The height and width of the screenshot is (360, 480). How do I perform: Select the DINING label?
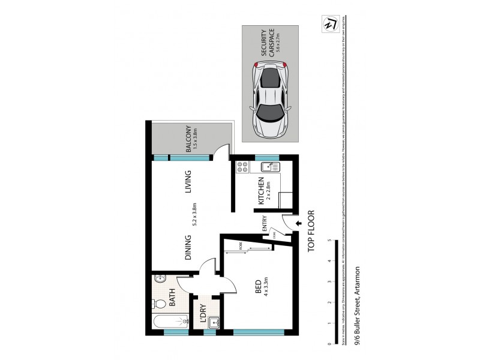point(188,247)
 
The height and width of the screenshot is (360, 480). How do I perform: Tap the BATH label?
point(172,295)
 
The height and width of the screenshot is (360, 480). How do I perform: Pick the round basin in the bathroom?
point(159,280)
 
